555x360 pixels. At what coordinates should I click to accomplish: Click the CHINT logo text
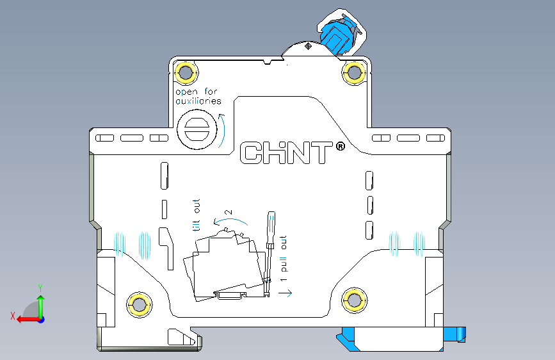coord(286,153)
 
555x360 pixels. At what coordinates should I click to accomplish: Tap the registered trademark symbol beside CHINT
coord(340,147)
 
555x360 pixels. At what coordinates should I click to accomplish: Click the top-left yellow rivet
coord(186,72)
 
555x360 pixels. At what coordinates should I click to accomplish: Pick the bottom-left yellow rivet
coord(138,304)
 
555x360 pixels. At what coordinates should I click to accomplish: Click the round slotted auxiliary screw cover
coord(197,129)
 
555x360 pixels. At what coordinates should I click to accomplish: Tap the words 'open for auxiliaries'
coord(198,96)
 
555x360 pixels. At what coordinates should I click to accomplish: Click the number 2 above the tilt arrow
coord(228,212)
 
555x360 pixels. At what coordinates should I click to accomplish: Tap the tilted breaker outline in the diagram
coord(224,266)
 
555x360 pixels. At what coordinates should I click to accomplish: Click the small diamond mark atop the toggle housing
coord(309,45)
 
